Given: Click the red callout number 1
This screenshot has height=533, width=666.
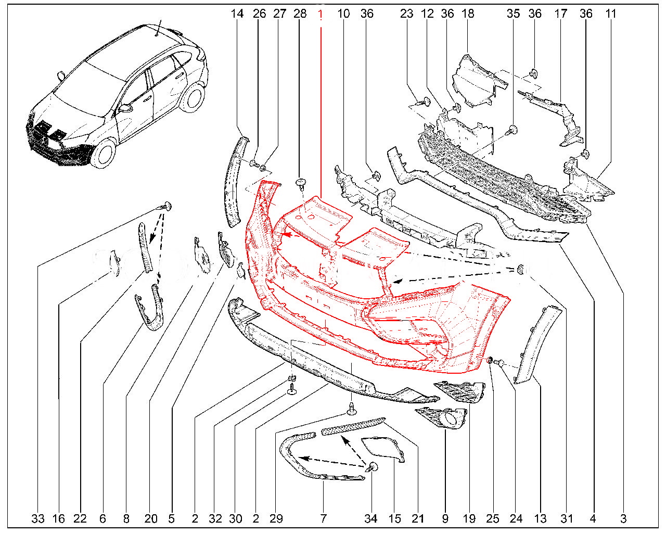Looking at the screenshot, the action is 321,14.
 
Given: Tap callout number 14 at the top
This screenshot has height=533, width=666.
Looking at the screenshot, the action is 237,14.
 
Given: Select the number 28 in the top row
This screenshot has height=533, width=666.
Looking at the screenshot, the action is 300,14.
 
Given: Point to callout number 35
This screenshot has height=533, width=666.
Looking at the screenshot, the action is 513,14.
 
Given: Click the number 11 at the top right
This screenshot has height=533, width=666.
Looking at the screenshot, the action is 611,14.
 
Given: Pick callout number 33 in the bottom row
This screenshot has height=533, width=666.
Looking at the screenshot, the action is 38,519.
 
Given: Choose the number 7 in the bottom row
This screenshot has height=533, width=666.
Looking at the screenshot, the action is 323,519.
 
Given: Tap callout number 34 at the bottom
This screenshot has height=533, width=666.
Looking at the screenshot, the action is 371,519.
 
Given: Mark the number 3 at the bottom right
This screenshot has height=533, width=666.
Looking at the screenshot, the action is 623,519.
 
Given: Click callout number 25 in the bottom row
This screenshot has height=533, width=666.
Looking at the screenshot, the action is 493,519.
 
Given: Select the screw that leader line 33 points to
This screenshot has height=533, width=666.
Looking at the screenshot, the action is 166,206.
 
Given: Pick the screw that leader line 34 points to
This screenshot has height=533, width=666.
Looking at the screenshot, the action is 373,467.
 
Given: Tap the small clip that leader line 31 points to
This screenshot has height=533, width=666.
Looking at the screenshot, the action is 521,270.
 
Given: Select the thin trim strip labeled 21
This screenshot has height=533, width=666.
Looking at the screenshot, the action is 353,426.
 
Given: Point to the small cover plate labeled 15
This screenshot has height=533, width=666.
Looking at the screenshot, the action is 383,449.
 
